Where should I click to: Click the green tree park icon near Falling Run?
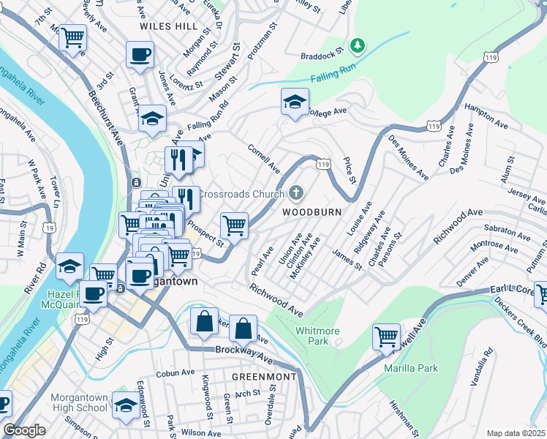357,46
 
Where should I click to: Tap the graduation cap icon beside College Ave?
295,102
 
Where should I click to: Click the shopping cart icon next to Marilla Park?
386,337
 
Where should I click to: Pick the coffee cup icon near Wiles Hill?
140,54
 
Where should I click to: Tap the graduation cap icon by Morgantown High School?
126,405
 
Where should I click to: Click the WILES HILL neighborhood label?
168,26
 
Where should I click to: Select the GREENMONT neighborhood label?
264,377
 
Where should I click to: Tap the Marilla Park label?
411,368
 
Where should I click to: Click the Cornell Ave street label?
264,158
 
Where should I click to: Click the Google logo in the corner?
24,430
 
